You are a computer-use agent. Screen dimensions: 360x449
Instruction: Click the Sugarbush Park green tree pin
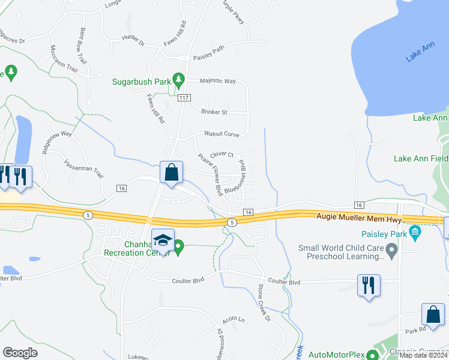(x=178, y=79)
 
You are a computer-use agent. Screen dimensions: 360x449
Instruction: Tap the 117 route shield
(x=184, y=98)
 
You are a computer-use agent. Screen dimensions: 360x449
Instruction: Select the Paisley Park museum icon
(x=414, y=232)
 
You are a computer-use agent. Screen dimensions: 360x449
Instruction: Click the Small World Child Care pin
(x=392, y=248)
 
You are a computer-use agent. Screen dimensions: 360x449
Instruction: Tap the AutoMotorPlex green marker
(x=373, y=355)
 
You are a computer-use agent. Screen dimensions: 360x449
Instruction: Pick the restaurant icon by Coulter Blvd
(x=368, y=284)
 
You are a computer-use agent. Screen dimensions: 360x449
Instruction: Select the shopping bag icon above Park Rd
(x=433, y=314)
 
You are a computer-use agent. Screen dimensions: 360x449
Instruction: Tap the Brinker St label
(x=214, y=112)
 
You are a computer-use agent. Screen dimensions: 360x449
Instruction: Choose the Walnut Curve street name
(x=221, y=134)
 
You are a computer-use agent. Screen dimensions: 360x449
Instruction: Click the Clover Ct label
(x=221, y=154)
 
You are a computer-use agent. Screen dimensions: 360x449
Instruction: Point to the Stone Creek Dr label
(x=265, y=302)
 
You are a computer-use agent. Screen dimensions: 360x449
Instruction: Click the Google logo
(x=20, y=352)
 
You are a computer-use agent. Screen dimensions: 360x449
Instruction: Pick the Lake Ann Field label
(x=420, y=158)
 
